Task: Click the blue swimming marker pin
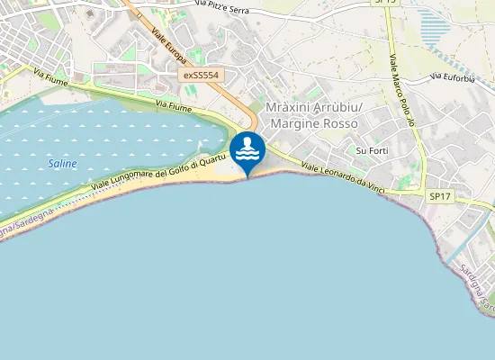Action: (x=247, y=150)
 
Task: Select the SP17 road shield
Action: (x=439, y=195)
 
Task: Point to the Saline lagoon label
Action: (x=62, y=164)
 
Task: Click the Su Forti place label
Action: (x=372, y=150)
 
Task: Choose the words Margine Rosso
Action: (x=314, y=123)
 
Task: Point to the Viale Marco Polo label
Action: (x=400, y=90)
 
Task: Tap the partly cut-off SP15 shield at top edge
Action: (x=385, y=3)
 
